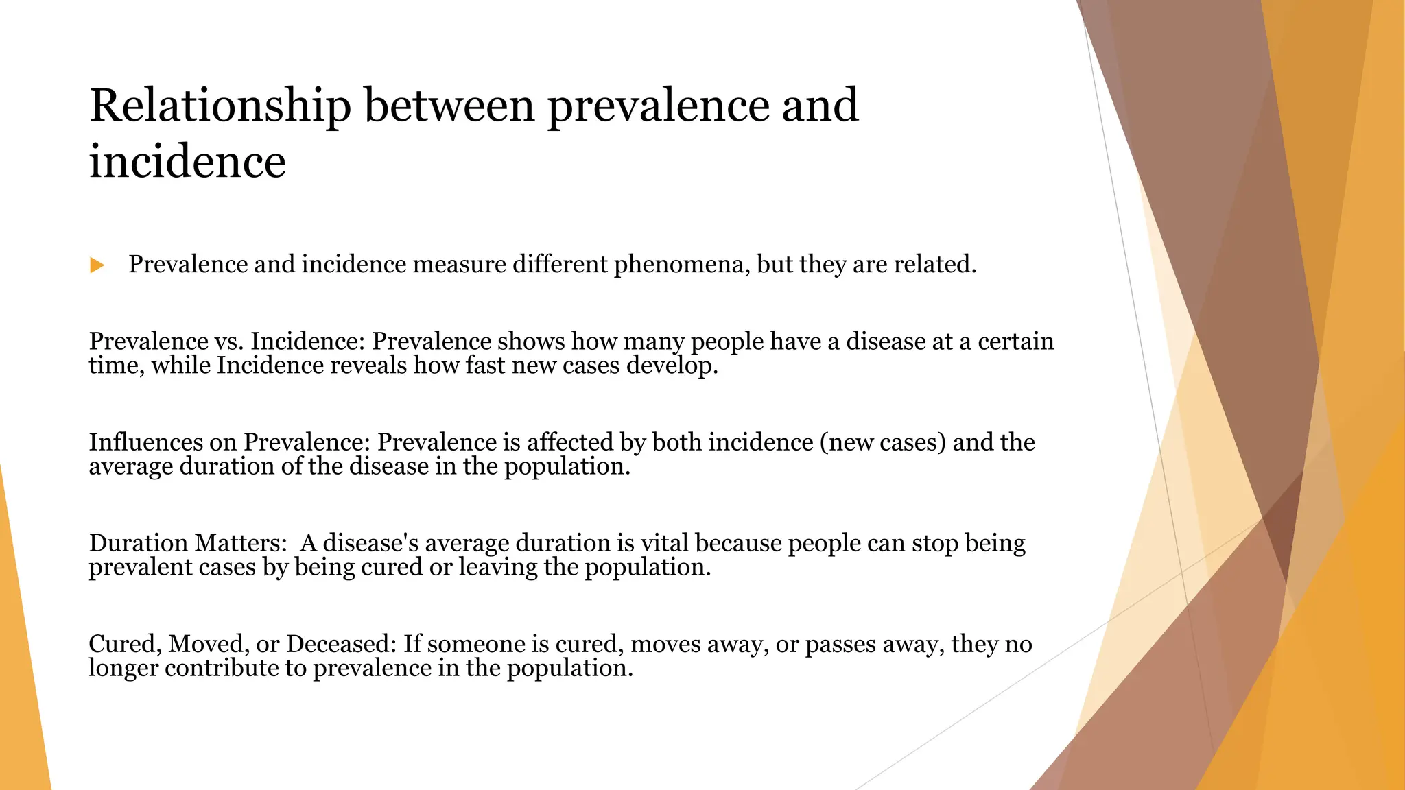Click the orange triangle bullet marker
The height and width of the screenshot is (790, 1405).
97,265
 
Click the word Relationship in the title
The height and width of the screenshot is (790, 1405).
220,106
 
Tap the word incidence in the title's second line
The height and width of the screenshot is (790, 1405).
187,162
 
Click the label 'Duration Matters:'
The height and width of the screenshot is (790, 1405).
187,543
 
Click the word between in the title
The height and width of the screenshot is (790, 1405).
449,106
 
